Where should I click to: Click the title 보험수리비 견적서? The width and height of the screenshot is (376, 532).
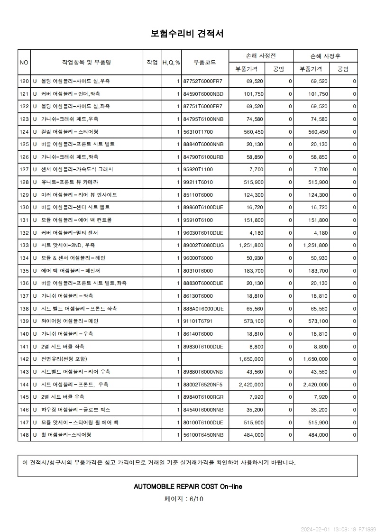[x=187, y=34]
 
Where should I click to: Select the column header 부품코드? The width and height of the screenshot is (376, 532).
[x=205, y=62]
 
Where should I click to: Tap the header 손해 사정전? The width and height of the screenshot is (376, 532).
[x=261, y=56]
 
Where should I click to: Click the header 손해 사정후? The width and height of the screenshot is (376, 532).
[x=325, y=56]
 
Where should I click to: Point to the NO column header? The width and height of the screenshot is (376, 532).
[x=24, y=62]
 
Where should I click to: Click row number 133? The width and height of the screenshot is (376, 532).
[x=24, y=245]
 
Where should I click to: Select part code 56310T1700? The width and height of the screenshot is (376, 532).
[x=198, y=131]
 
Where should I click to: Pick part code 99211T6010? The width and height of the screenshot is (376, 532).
[x=198, y=182]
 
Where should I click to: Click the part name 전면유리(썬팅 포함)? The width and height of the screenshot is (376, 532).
[x=64, y=359]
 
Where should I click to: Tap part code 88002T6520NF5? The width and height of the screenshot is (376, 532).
[x=202, y=384]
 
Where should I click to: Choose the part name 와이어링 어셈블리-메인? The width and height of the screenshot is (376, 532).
[x=70, y=321]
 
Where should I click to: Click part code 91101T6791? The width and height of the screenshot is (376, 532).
[x=198, y=321]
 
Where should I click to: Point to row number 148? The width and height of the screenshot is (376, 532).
[x=24, y=435]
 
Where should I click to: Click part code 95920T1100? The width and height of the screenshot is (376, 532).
[x=198, y=169]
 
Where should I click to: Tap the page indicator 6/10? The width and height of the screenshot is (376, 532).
[x=183, y=499]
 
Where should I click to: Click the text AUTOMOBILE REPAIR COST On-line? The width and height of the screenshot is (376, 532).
[x=188, y=486]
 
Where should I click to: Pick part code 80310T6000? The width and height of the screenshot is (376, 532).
[x=198, y=271]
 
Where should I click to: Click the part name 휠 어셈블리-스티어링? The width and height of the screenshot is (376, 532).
[x=66, y=435]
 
